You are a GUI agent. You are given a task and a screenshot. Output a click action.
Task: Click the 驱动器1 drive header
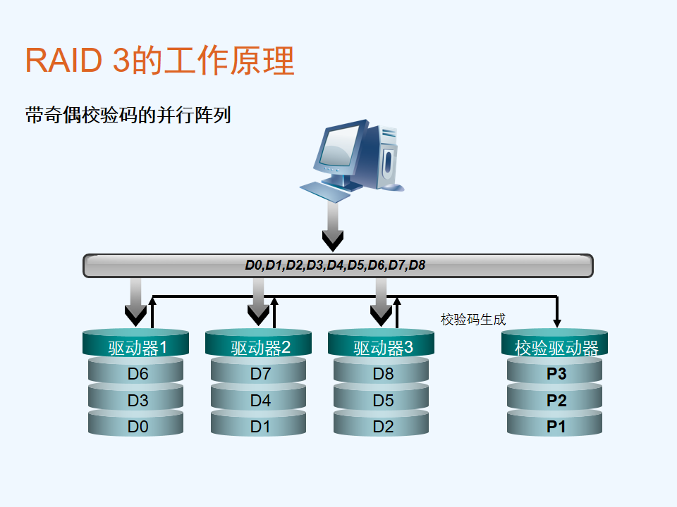pyautogui.click(x=135, y=343)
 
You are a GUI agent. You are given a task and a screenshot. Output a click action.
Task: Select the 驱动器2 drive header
pyautogui.click(x=258, y=343)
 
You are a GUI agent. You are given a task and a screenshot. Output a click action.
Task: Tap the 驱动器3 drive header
pyautogui.click(x=382, y=343)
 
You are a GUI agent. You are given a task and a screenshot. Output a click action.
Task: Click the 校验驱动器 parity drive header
pyautogui.click(x=554, y=343)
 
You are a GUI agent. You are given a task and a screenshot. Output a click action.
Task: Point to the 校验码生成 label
pyautogui.click(x=473, y=320)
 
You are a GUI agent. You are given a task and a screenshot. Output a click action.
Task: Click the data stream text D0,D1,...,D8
pyautogui.click(x=335, y=265)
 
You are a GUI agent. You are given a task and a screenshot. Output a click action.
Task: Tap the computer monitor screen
pyautogui.click(x=339, y=146)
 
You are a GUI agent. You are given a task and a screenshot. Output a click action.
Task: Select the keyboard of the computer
pyautogui.click(x=324, y=192)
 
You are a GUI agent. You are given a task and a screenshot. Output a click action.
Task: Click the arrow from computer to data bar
pyautogui.click(x=333, y=226)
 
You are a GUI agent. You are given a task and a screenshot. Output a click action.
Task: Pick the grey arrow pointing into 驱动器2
pyautogui.click(x=259, y=302)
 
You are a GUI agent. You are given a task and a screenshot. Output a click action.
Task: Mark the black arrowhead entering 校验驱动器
pyautogui.click(x=557, y=323)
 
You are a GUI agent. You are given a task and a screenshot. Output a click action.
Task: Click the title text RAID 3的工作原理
pyautogui.click(x=160, y=61)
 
